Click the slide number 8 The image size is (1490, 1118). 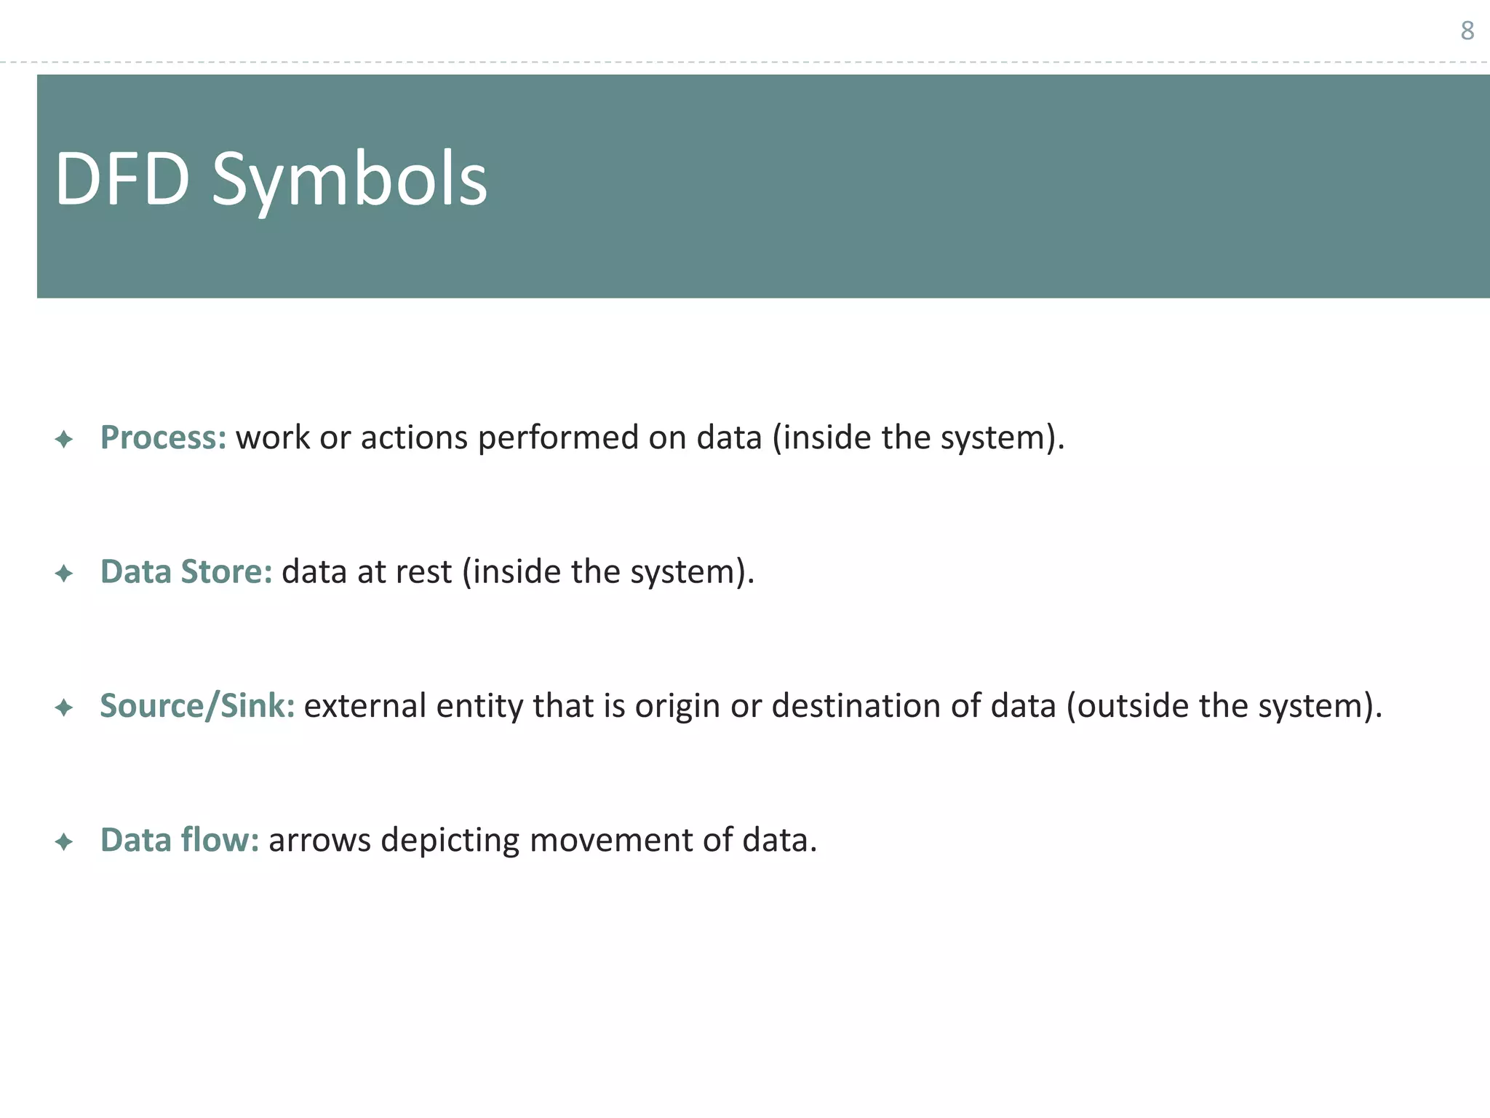(1467, 31)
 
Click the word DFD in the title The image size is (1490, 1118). (121, 179)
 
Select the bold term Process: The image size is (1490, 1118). (163, 437)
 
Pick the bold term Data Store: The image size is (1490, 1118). (186, 571)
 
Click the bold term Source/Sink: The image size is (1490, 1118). (197, 705)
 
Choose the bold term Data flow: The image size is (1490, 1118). (180, 840)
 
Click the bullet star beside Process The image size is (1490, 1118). (64, 439)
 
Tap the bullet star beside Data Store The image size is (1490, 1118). (64, 574)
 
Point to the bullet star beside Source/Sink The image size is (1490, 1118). (64, 707)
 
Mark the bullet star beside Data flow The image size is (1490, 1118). (64, 842)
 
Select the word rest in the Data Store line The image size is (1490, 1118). (424, 572)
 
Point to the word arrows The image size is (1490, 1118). (319, 841)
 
